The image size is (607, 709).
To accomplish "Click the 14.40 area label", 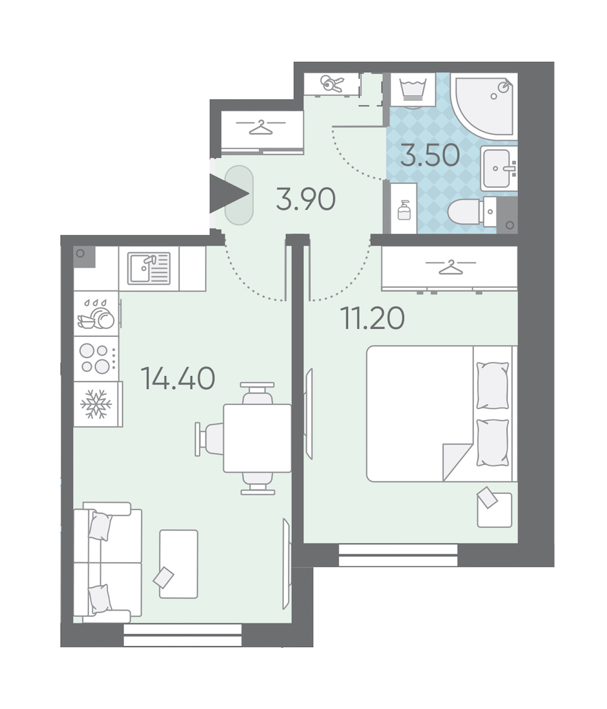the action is tap(178, 379).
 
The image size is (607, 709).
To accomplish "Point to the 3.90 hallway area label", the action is tap(306, 199).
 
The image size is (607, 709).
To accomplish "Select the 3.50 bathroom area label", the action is tap(430, 155).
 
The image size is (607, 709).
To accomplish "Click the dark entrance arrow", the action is tap(229, 193).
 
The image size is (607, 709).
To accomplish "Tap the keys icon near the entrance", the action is tap(333, 84).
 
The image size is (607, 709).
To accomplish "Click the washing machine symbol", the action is tap(413, 90).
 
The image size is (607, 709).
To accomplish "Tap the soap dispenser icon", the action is tap(404, 210).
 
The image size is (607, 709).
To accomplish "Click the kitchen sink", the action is tap(149, 268).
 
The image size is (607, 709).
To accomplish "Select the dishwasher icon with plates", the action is tap(96, 313).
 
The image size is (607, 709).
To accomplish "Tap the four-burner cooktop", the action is tap(95, 359).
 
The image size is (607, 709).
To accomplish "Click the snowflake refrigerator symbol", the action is tap(96, 403).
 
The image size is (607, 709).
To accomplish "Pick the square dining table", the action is tap(257, 438).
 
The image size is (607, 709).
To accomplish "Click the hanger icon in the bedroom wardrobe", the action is tap(451, 268).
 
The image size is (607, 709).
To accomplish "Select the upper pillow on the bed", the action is tap(492, 386).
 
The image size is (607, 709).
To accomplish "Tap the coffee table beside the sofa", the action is tap(178, 564).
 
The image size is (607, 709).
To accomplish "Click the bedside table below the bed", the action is tap(494, 510).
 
